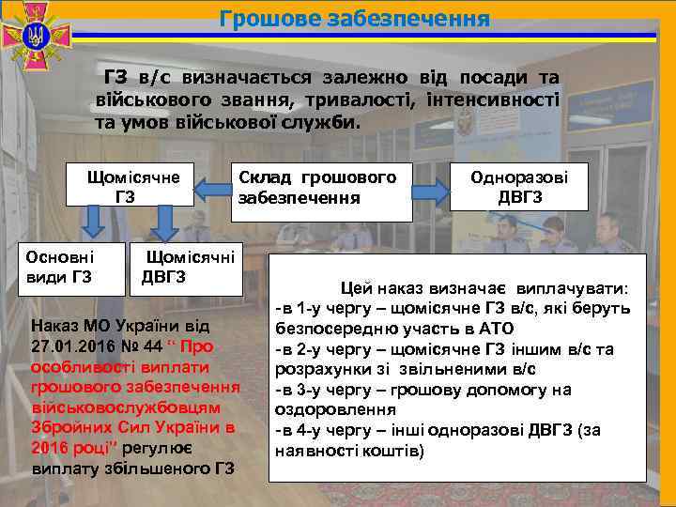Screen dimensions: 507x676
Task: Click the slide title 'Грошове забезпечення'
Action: pyautogui.click(x=354, y=19)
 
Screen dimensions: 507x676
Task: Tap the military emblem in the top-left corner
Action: pyautogui.click(x=37, y=38)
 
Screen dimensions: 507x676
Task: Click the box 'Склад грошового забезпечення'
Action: pyautogui.click(x=319, y=187)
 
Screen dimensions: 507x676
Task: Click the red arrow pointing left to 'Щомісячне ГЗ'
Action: pyautogui.click(x=210, y=190)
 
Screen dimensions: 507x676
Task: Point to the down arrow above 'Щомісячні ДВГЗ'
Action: pyautogui.click(x=166, y=223)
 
